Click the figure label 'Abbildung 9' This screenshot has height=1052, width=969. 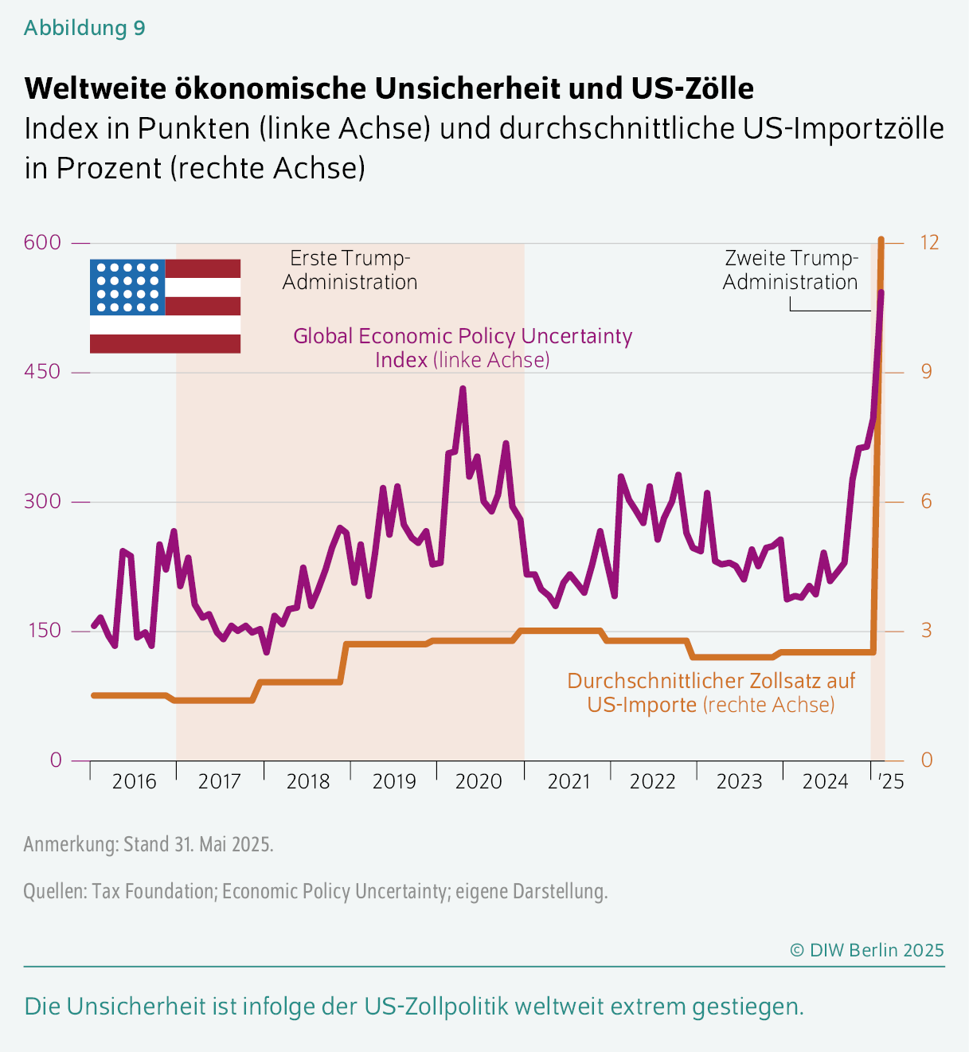pyautogui.click(x=84, y=28)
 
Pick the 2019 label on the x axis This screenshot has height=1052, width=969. pyautogui.click(x=394, y=781)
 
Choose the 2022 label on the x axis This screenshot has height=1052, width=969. pyautogui.click(x=652, y=781)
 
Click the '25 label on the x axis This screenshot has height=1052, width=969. pyautogui.click(x=891, y=781)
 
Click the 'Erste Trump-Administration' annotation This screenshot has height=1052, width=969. pyautogui.click(x=350, y=270)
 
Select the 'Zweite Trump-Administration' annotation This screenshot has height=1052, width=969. pyautogui.click(x=791, y=270)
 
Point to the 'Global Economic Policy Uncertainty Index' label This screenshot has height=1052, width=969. pyautogui.click(x=463, y=347)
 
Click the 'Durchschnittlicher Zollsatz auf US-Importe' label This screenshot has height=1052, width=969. pyautogui.click(x=711, y=692)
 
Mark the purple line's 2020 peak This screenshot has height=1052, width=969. pyautogui.click(x=462, y=389)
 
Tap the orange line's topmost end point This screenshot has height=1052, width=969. pyautogui.click(x=881, y=240)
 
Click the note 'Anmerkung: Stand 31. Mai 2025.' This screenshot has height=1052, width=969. pyautogui.click(x=148, y=844)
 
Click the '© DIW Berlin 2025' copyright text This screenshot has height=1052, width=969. pyautogui.click(x=866, y=950)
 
